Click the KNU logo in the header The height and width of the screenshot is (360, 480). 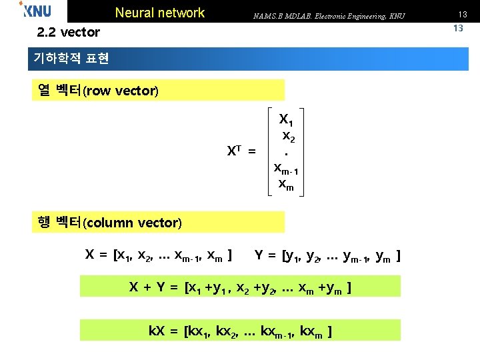coord(36,11)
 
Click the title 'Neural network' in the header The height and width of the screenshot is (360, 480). coord(160,13)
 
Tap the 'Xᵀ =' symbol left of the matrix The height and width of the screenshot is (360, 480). coord(241,151)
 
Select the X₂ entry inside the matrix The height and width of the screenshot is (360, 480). coord(289,137)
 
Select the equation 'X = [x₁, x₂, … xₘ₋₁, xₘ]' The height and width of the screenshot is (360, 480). coord(159,255)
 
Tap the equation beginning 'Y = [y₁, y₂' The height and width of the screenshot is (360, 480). coord(327,255)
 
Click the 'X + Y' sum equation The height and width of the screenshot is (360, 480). coord(240,287)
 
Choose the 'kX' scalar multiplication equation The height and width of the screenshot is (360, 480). coord(240,330)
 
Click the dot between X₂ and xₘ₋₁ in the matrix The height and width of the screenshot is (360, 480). coord(286,154)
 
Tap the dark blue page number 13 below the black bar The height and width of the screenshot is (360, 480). coord(458,28)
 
